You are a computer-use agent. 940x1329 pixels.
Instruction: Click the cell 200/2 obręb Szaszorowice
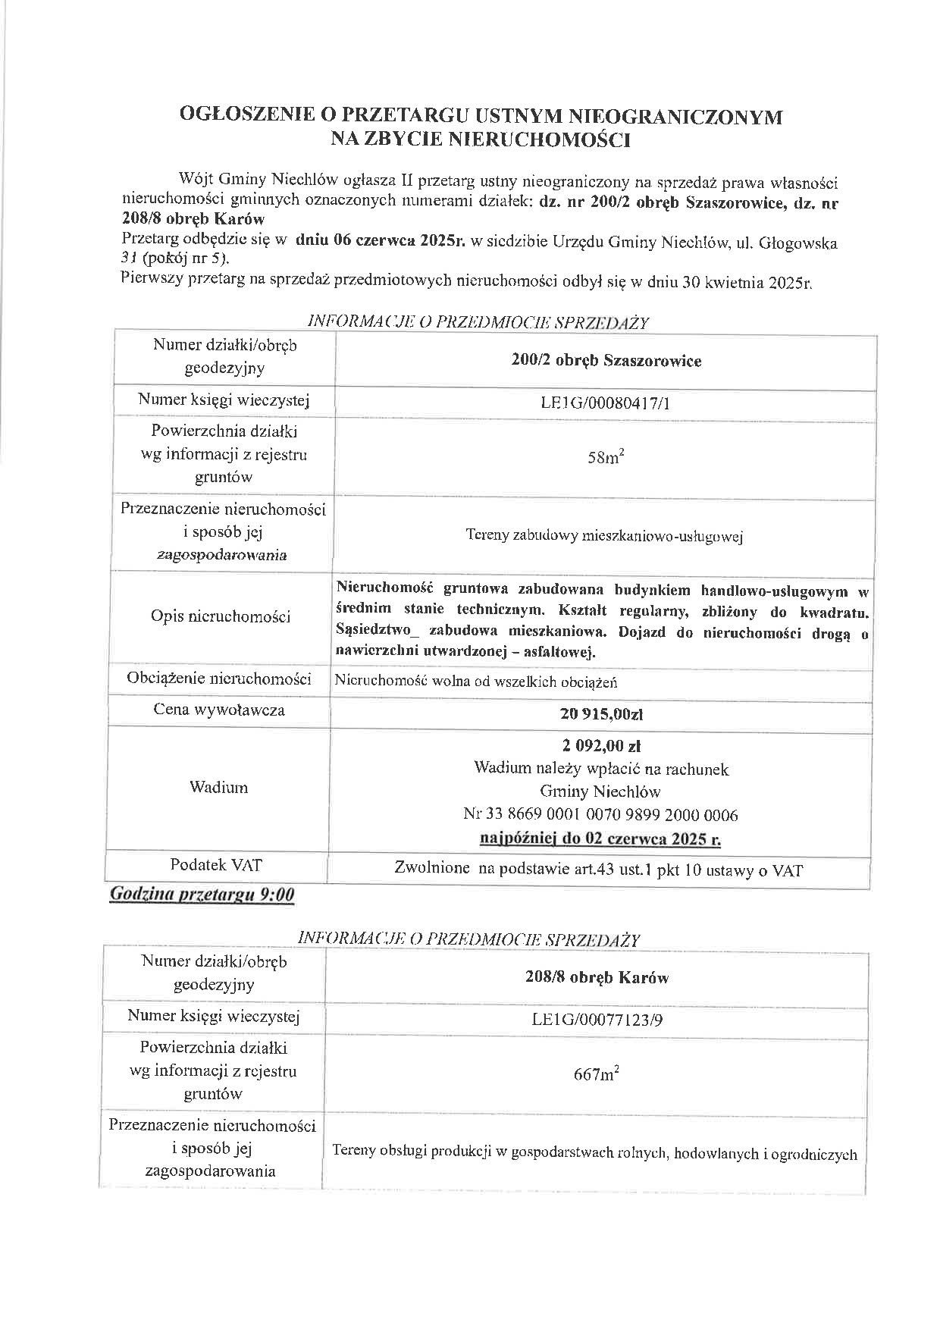pos(606,361)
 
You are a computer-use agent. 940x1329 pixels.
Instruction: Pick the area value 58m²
pos(606,458)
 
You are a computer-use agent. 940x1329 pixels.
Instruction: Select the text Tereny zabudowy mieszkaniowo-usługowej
pos(604,537)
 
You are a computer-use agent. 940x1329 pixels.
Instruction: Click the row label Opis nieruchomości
pos(221,616)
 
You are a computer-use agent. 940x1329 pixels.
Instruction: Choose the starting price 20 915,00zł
pos(602,713)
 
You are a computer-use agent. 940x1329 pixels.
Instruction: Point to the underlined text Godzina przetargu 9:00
pos(202,895)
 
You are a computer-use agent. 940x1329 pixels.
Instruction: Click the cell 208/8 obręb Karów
pos(597,978)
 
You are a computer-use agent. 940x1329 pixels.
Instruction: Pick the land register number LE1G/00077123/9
pos(597,1020)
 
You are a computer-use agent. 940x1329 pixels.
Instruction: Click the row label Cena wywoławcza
pos(219,710)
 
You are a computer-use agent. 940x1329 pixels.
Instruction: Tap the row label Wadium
pos(218,788)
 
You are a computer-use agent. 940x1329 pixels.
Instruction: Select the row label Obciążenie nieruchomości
pos(219,678)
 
